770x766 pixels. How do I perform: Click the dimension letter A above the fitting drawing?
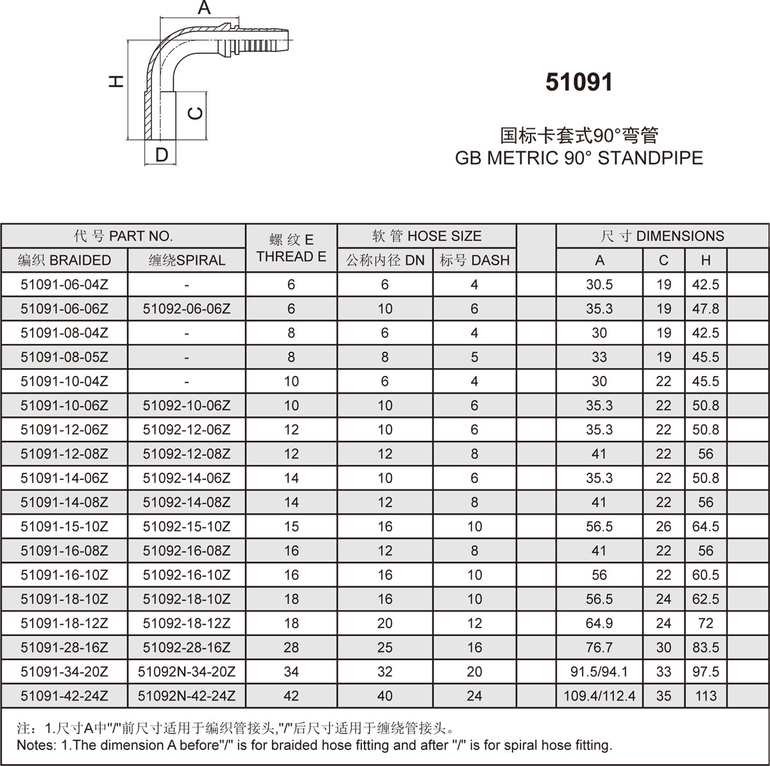204,8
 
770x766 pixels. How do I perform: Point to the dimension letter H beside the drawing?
116,81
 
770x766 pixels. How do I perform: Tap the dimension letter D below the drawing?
162,155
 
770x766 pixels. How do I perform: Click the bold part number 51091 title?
579,82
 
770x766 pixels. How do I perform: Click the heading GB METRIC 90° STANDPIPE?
579,158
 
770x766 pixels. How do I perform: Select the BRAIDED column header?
64,260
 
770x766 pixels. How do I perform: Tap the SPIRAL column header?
187,260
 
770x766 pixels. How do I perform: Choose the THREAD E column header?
291,257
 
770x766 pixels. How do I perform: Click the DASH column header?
474,260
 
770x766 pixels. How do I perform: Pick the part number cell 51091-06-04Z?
64,284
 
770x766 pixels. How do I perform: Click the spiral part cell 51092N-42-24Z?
187,695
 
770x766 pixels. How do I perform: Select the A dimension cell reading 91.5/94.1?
599,672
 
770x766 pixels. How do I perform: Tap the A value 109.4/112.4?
599,695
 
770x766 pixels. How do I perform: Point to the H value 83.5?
705,647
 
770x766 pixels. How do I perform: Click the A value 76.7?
599,647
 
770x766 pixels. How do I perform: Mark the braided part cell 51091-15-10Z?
64,527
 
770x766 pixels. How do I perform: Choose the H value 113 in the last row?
705,695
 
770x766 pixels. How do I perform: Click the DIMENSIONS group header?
662,235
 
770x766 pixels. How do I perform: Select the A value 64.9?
599,623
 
